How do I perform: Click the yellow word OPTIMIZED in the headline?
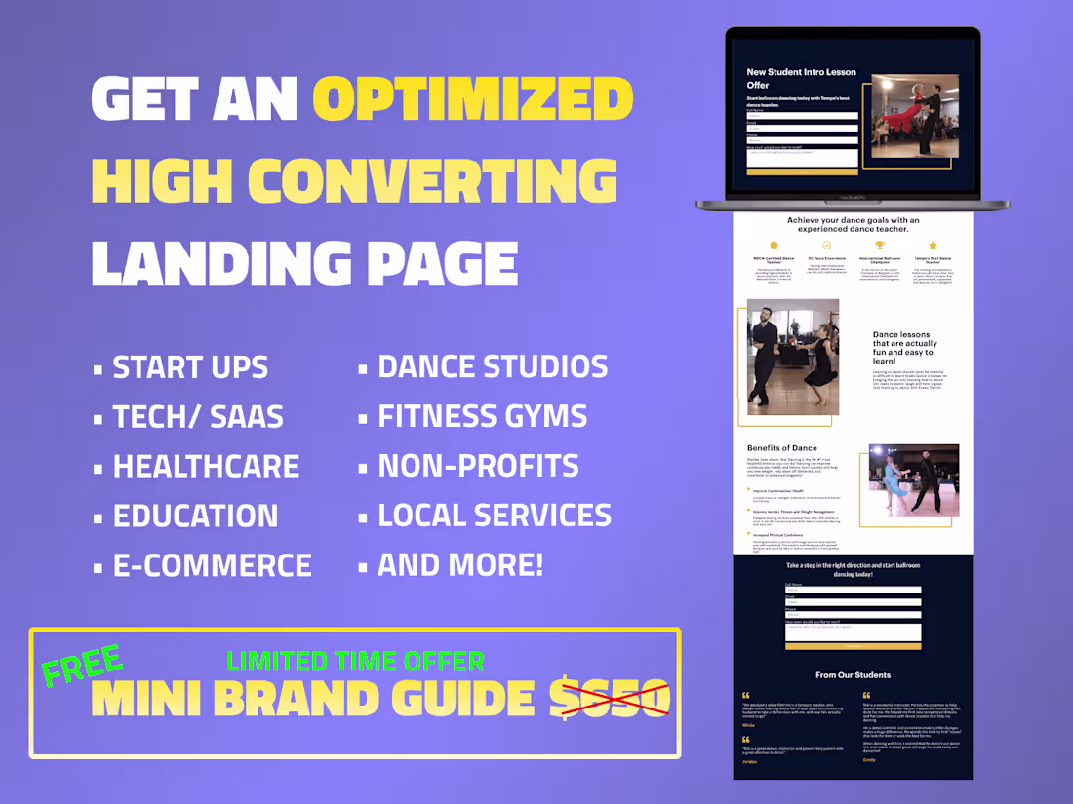(473, 98)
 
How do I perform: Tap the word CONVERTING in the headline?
(433, 181)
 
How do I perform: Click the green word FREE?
(82, 665)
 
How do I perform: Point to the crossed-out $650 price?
(609, 698)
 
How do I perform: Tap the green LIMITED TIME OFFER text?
(355, 662)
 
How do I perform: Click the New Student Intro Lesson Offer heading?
(801, 78)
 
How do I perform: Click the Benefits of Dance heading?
(781, 448)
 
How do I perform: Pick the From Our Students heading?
(853, 674)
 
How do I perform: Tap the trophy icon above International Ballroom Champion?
(879, 246)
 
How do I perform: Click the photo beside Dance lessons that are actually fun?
(793, 357)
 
